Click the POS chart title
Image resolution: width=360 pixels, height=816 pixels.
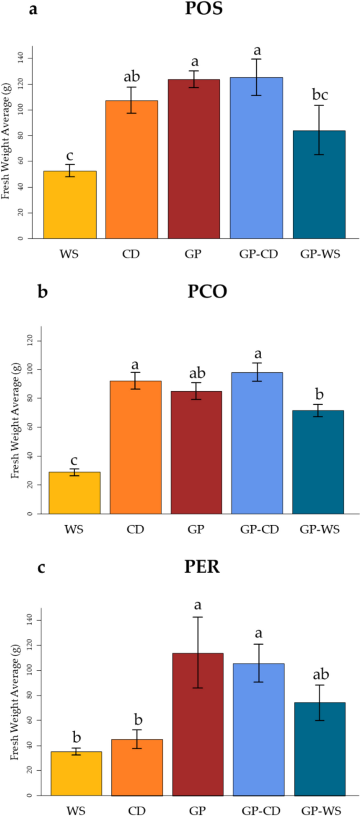[x=203, y=9]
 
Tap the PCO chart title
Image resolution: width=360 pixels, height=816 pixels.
[x=207, y=292]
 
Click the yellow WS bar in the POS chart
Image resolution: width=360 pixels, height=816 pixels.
[x=70, y=205]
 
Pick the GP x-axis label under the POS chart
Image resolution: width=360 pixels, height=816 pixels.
[x=194, y=254]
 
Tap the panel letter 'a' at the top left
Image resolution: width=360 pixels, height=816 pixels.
[x=34, y=9]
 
